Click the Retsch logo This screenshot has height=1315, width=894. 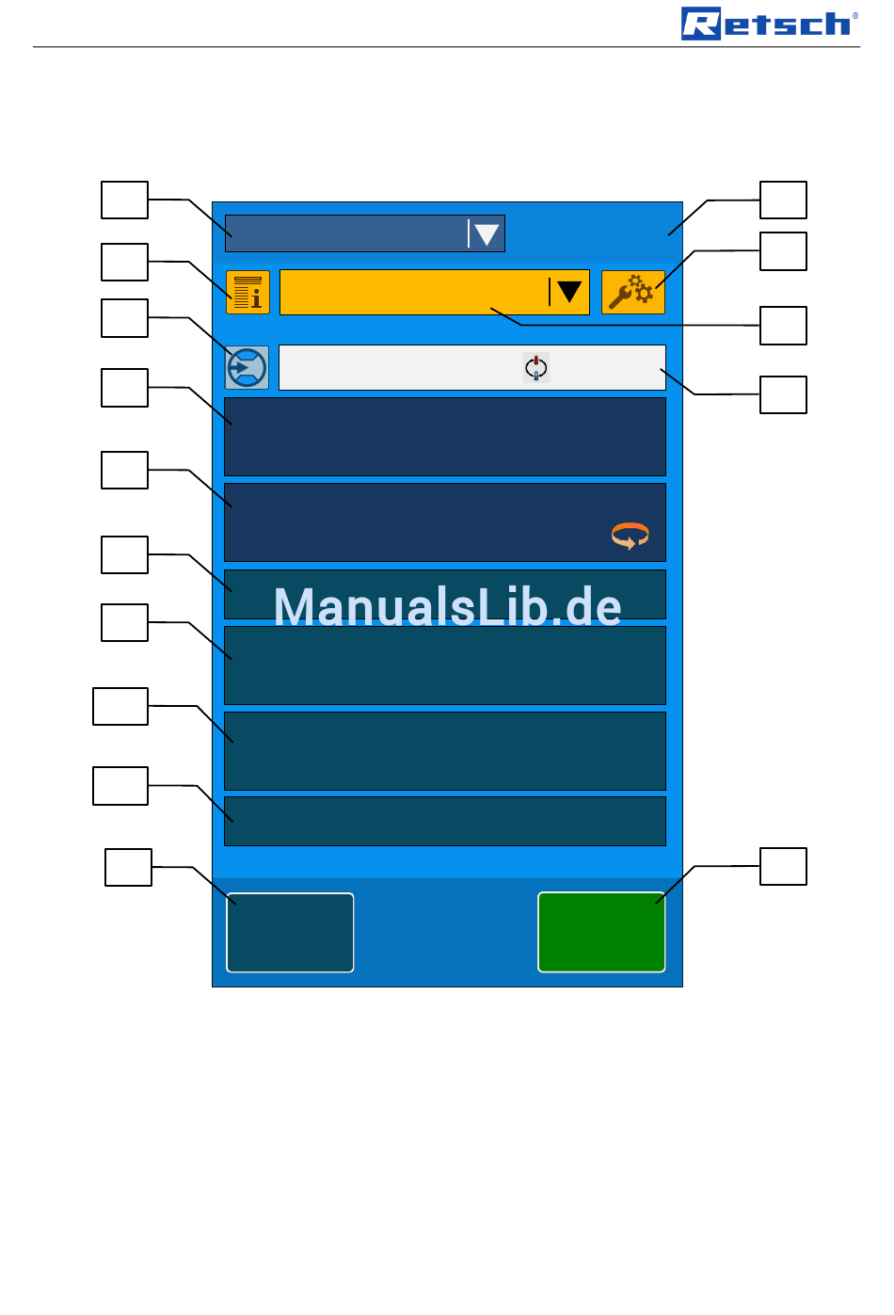(769, 24)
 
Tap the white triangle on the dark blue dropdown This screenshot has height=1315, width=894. (486, 234)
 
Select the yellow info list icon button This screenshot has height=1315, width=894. (247, 293)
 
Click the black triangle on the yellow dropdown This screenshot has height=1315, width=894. (568, 291)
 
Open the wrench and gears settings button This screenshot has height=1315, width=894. (632, 293)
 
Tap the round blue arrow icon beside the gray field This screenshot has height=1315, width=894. (247, 367)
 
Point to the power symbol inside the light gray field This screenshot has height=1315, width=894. (536, 368)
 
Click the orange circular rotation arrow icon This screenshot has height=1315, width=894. (630, 536)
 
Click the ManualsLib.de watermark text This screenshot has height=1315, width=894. (447, 607)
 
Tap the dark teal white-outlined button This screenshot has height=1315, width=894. (290, 932)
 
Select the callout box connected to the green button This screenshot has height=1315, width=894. (783, 866)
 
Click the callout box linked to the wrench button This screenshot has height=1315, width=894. (783, 251)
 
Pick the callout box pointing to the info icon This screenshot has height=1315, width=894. (124, 262)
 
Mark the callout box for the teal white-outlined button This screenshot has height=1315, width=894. (128, 867)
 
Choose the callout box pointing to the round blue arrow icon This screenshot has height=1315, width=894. (124, 318)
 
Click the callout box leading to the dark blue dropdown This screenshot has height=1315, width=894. (124, 200)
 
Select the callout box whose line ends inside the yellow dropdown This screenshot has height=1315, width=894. (783, 326)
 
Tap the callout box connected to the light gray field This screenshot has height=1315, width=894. (783, 394)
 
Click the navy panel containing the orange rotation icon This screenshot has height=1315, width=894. (445, 522)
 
